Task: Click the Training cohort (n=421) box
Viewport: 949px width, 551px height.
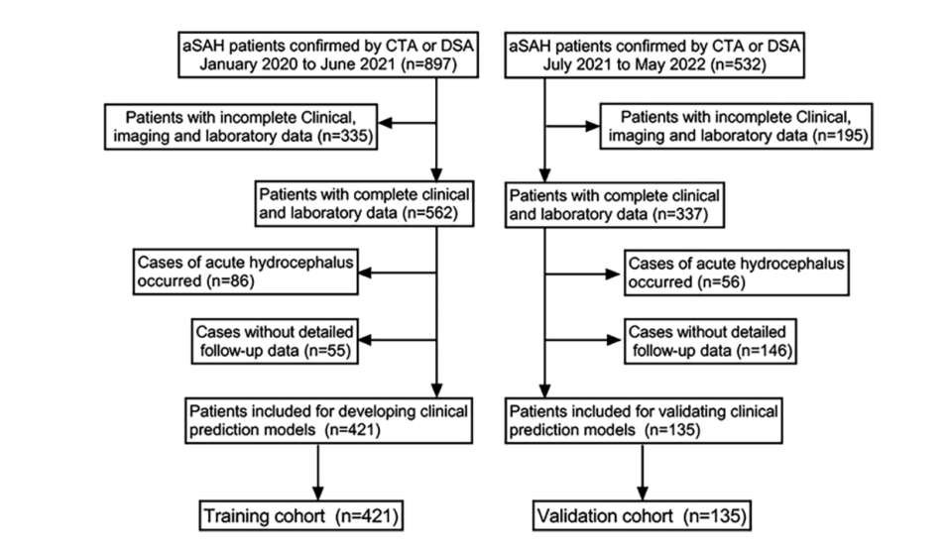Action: (300, 515)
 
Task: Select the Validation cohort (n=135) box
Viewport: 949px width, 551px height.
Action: (642, 515)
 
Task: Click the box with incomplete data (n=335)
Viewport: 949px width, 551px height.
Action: (241, 127)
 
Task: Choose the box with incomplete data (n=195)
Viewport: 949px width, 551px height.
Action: (736, 126)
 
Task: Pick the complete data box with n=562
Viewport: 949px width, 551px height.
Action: (364, 204)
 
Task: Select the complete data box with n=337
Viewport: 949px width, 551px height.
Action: (614, 205)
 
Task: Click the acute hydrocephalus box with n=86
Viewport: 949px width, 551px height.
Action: (245, 272)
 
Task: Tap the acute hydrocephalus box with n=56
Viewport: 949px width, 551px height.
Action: (737, 273)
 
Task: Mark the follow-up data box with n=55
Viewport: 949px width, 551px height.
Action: (275, 341)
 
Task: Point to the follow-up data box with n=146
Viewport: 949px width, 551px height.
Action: (711, 341)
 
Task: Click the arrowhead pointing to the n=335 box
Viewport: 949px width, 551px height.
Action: (385, 124)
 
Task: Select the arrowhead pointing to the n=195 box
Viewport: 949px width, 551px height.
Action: (593, 126)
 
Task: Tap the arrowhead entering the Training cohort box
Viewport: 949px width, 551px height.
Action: (317, 493)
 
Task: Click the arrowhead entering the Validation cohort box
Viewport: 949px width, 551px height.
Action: (643, 493)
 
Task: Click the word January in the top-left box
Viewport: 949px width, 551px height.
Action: (227, 64)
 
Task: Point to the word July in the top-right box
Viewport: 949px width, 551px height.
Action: (557, 64)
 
